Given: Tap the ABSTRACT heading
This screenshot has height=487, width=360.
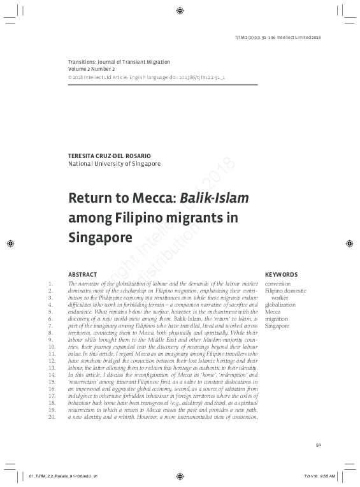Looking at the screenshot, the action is point(82,274).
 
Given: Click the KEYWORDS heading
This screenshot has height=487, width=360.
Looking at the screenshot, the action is point(281,274).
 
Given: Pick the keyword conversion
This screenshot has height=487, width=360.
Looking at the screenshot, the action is point(278,283).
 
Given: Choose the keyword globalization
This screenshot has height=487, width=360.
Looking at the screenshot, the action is point(280,305).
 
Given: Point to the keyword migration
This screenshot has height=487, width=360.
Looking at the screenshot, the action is point(277,319).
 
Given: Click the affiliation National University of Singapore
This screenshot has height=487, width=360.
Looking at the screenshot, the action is point(114,164).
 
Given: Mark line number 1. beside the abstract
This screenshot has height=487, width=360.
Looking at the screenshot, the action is point(52,283).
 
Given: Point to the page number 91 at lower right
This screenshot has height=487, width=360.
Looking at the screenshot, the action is point(320,445).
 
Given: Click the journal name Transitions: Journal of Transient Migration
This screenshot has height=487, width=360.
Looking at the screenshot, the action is point(119,61).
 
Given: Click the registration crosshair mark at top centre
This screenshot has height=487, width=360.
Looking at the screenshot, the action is point(180,10).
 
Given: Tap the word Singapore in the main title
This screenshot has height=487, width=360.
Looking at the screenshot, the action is point(99,238).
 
